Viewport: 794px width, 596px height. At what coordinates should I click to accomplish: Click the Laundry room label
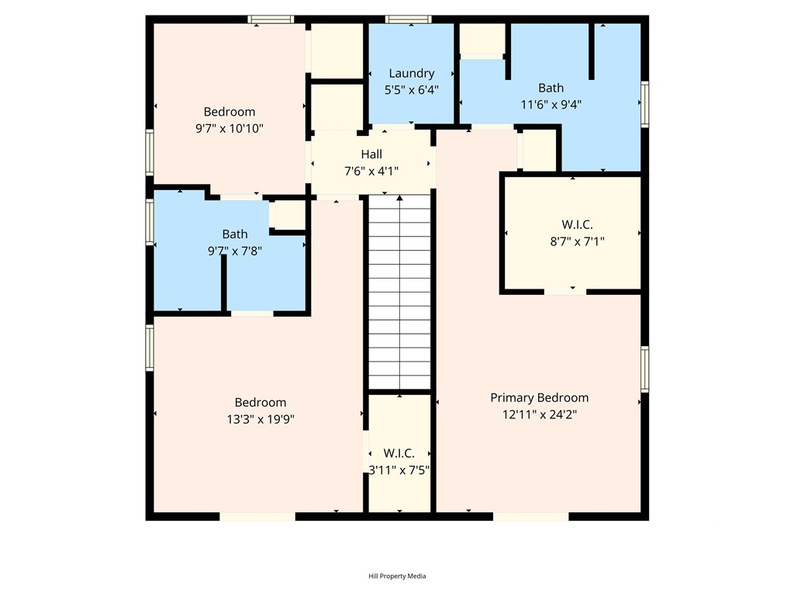click(x=411, y=74)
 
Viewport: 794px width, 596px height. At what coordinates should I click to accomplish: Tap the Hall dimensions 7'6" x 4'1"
click(x=371, y=172)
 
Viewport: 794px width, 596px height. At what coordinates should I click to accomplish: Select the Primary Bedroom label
click(x=540, y=398)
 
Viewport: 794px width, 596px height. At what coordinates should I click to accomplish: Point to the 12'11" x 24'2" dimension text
click(x=540, y=414)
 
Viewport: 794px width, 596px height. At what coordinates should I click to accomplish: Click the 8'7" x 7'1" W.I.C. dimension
click(x=577, y=241)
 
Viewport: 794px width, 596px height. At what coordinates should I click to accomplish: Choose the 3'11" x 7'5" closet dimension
click(x=399, y=470)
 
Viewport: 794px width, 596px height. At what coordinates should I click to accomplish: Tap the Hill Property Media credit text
click(x=397, y=576)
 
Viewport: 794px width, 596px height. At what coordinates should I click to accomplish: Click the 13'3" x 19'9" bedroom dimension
click(x=261, y=419)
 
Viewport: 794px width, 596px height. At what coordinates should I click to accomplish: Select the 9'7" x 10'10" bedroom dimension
click(x=230, y=128)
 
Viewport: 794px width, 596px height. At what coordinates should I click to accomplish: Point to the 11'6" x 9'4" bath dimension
click(x=551, y=105)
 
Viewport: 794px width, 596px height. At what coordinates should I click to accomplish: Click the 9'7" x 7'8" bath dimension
click(x=235, y=251)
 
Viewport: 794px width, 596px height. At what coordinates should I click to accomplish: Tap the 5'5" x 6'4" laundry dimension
click(x=411, y=90)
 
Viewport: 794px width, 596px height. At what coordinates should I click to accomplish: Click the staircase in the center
click(x=399, y=293)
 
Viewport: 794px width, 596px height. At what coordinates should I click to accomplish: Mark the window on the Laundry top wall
click(x=408, y=19)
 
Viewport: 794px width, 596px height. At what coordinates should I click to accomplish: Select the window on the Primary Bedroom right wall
click(x=644, y=369)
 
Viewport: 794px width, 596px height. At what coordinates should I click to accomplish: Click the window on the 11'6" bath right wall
click(x=644, y=104)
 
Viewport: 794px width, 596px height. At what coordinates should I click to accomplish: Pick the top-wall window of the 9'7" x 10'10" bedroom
click(x=271, y=19)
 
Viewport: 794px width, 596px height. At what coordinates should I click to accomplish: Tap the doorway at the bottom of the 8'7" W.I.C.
click(x=565, y=292)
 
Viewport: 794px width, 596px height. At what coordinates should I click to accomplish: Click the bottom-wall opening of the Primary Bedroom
click(x=530, y=516)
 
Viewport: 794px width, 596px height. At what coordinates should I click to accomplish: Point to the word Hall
click(x=371, y=154)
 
